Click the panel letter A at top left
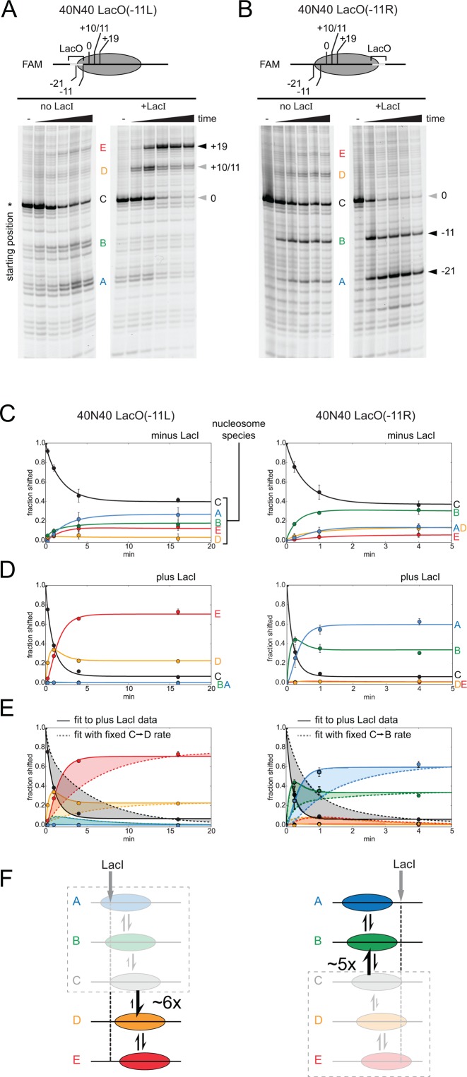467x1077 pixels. click(x=9, y=9)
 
